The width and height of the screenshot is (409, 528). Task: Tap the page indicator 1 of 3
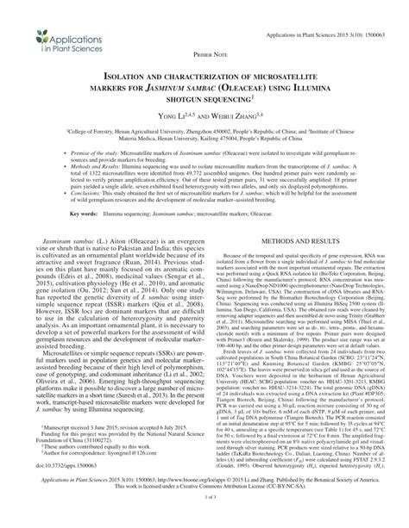click(204, 520)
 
